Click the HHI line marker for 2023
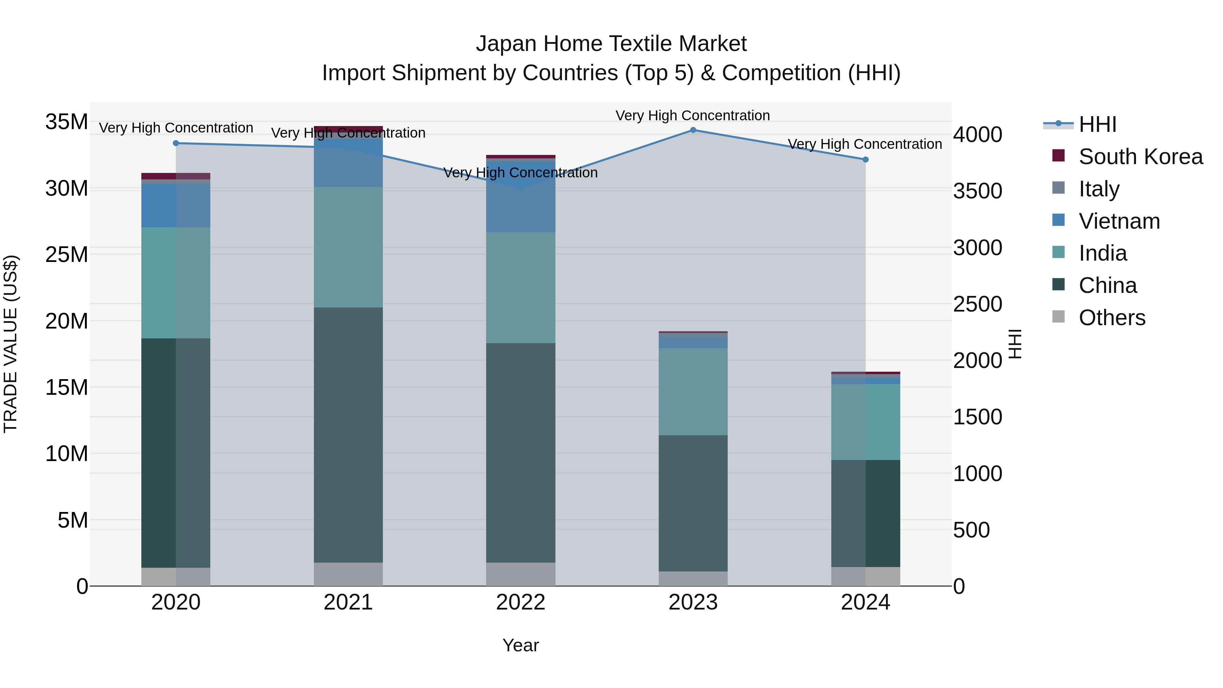(693, 130)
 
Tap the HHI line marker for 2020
(176, 143)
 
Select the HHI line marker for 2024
(866, 160)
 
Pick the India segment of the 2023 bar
(693, 392)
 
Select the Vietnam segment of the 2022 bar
(520, 197)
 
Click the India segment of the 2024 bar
(866, 422)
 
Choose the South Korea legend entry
(1139, 157)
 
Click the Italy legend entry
(1099, 189)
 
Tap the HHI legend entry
(1097, 124)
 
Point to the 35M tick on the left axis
(67, 122)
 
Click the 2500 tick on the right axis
(977, 304)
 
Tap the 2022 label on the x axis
(520, 602)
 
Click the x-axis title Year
(520, 645)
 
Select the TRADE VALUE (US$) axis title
(11, 344)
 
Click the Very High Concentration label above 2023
(693, 116)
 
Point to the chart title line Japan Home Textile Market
(611, 44)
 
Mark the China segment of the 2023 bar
(693, 503)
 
